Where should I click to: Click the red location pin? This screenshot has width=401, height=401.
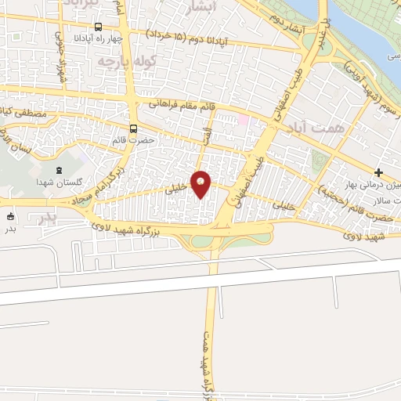pos(201,185)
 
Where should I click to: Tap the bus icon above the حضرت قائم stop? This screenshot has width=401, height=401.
pos(133,128)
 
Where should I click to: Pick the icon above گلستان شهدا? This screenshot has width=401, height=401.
pos(59,170)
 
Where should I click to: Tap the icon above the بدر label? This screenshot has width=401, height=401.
pos(10,216)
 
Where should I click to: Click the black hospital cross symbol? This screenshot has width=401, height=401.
pos(378,172)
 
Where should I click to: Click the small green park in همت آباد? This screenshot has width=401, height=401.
pos(317,160)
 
